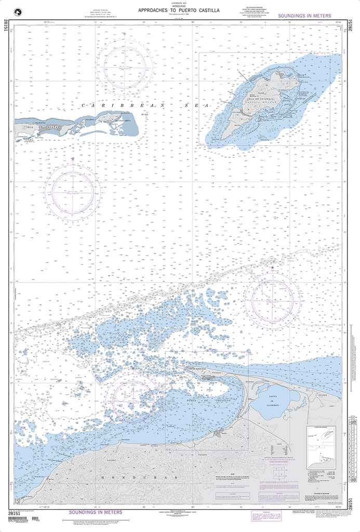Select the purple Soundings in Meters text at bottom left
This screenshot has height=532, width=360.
pyautogui.click(x=96, y=512)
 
